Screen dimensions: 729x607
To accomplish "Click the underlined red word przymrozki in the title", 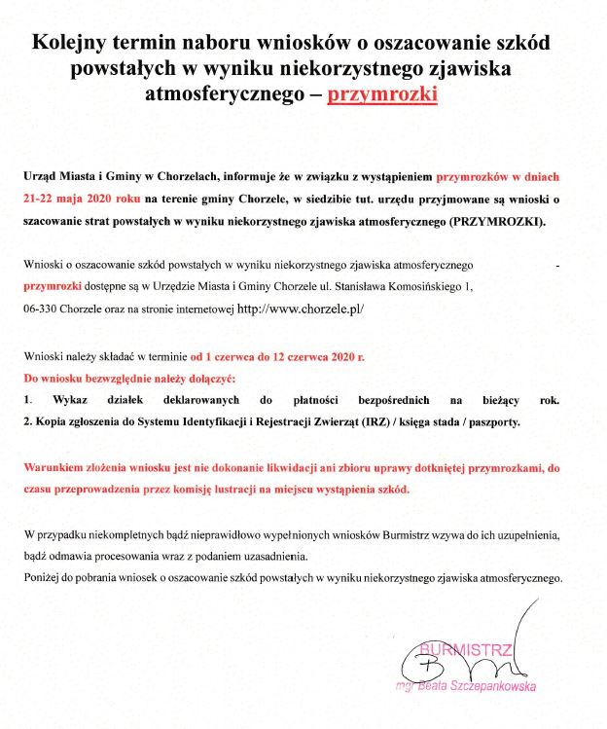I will tap(382, 95).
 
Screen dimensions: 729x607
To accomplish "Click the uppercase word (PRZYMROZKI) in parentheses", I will tap(497, 222).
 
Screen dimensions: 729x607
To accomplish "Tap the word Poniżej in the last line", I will tap(43, 578).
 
